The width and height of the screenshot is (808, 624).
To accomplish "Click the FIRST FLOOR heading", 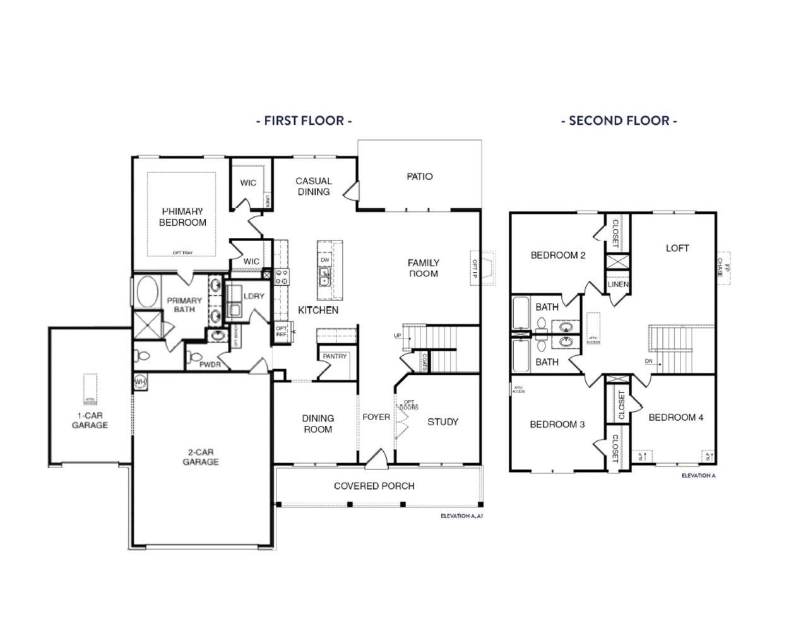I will (x=304, y=121).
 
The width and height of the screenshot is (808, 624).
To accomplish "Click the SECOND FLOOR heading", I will (x=619, y=121).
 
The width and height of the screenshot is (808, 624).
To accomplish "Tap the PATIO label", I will (x=420, y=177).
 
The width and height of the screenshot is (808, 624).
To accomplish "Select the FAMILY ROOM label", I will (x=423, y=268).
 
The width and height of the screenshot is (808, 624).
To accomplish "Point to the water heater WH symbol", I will (x=140, y=382).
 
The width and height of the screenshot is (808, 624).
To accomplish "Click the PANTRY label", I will (x=335, y=356).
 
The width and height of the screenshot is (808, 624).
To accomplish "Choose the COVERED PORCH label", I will (x=374, y=486).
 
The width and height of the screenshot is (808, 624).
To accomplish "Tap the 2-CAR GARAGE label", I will (x=201, y=457).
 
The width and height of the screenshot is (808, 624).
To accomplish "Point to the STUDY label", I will (x=443, y=421).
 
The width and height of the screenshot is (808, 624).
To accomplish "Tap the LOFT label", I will (x=677, y=248).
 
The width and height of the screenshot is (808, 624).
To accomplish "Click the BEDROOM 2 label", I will (x=557, y=256).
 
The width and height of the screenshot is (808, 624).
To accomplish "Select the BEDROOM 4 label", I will (x=675, y=417).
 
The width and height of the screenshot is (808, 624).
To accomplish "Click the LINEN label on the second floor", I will (x=618, y=285).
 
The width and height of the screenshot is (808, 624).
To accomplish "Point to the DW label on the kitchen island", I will (x=325, y=260).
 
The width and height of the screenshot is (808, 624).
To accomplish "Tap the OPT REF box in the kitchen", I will (x=282, y=331).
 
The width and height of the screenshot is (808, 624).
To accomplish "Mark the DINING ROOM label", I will (x=318, y=423).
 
